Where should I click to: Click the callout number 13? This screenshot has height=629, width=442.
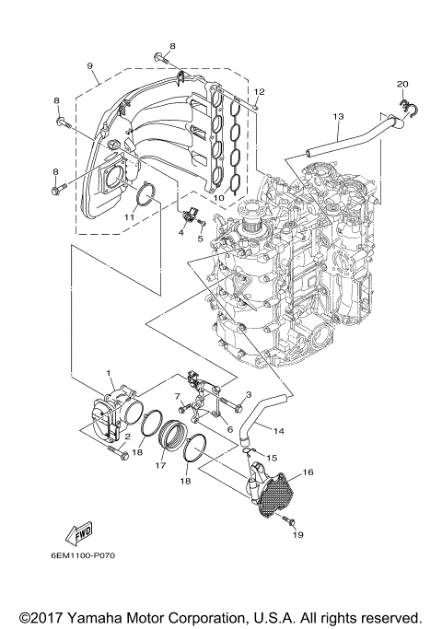(x=338, y=116)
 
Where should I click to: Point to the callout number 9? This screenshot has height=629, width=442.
(x=90, y=66)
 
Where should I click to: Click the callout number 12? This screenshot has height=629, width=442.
(x=260, y=91)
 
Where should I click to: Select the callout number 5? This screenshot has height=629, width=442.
(x=199, y=238)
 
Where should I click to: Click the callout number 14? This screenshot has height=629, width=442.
(x=279, y=430)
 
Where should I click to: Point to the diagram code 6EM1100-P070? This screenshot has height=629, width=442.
(x=83, y=555)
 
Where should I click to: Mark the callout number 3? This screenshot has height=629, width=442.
(x=249, y=394)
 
